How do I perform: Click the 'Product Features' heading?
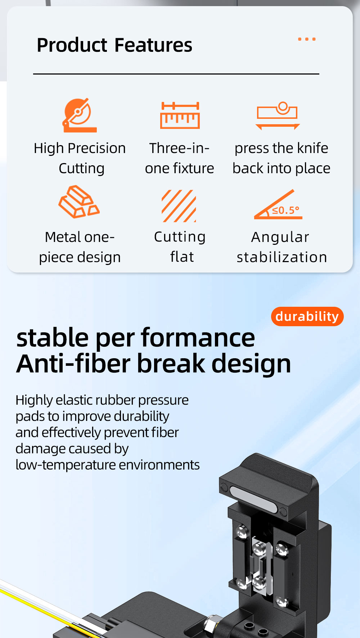[x=114, y=45]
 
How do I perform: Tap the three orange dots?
[x=307, y=39]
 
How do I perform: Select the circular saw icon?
[x=80, y=115]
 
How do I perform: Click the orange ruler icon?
[x=180, y=115]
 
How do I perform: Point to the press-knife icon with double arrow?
[x=278, y=116]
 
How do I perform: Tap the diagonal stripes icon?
[x=179, y=206]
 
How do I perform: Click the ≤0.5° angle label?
[x=285, y=210]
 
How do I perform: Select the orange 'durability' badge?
[x=307, y=316]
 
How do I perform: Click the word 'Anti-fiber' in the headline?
[x=73, y=364]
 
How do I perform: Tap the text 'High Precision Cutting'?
[x=80, y=158]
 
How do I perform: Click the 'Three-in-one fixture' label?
[x=179, y=158]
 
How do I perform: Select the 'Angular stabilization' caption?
[x=282, y=247]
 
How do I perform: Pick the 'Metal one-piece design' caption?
[x=80, y=247]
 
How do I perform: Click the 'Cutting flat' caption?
[x=180, y=247]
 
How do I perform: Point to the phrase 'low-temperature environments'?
[x=108, y=465]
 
